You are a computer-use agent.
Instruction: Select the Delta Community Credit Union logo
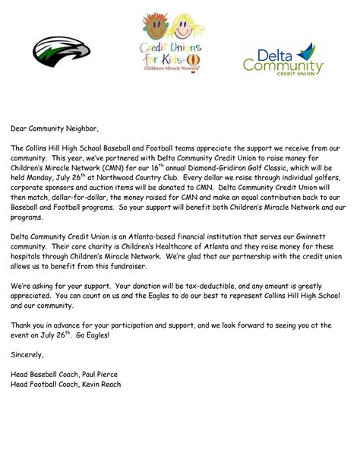tap(284, 58)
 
